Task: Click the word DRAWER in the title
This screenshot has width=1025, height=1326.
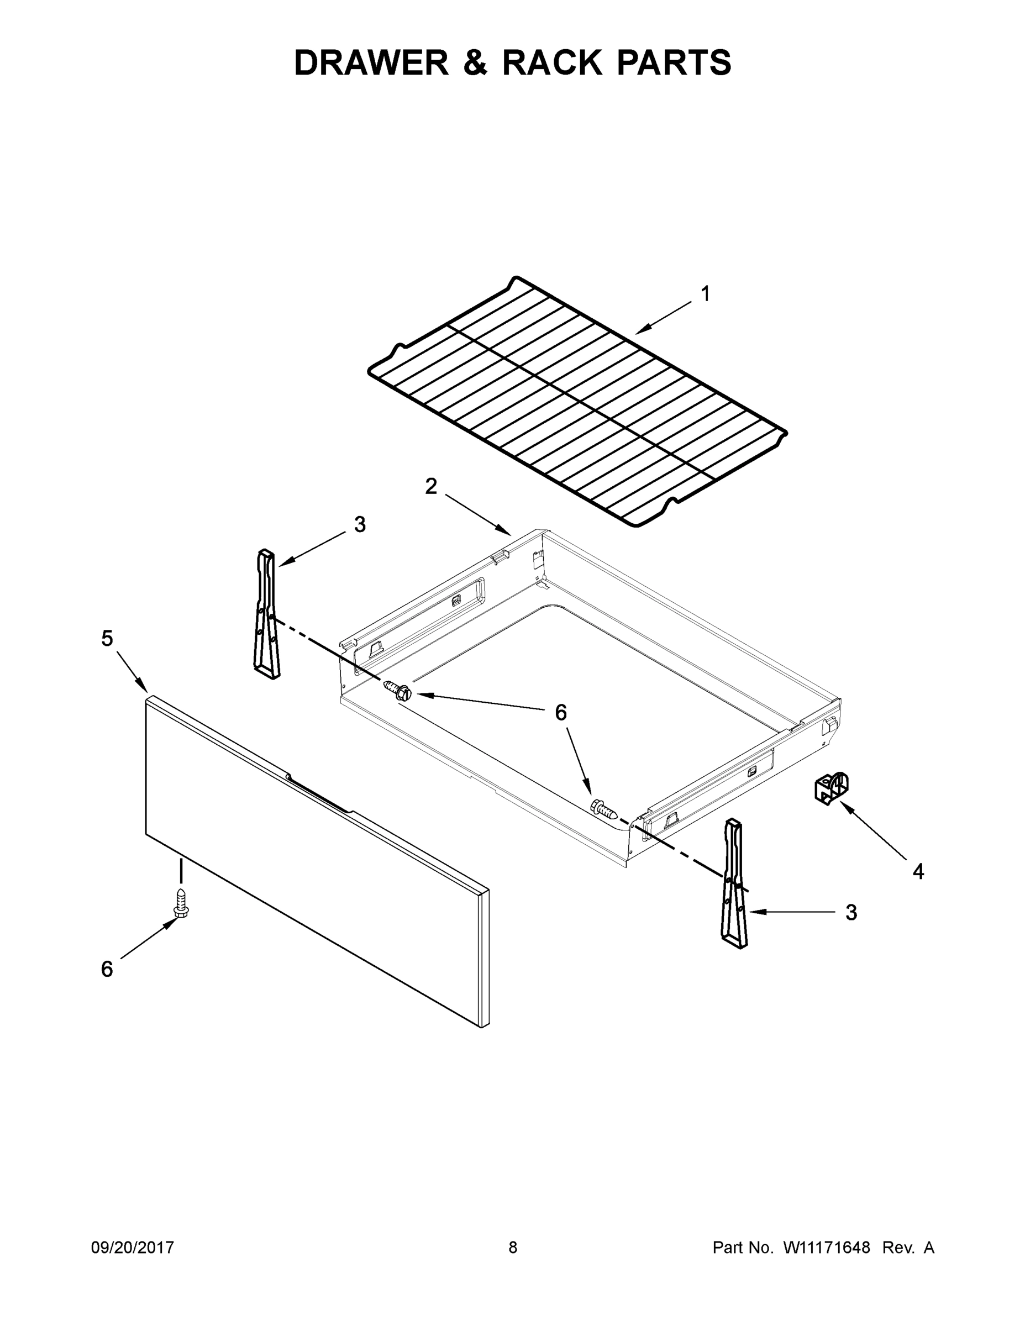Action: point(371,62)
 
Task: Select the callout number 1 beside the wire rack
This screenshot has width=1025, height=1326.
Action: point(705,294)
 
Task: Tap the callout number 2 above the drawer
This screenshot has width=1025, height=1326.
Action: point(430,486)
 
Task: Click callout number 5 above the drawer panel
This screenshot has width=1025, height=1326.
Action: point(107,638)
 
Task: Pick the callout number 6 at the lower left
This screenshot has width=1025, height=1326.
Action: point(107,969)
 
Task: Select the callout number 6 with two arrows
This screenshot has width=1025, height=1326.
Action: point(560,712)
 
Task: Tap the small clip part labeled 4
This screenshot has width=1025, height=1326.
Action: point(830,788)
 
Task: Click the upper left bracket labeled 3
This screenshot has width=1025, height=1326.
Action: point(266,613)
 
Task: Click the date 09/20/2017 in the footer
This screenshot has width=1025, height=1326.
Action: point(133,1247)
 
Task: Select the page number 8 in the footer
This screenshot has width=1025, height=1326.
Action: point(513,1247)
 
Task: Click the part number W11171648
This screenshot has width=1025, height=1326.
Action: point(827,1247)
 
